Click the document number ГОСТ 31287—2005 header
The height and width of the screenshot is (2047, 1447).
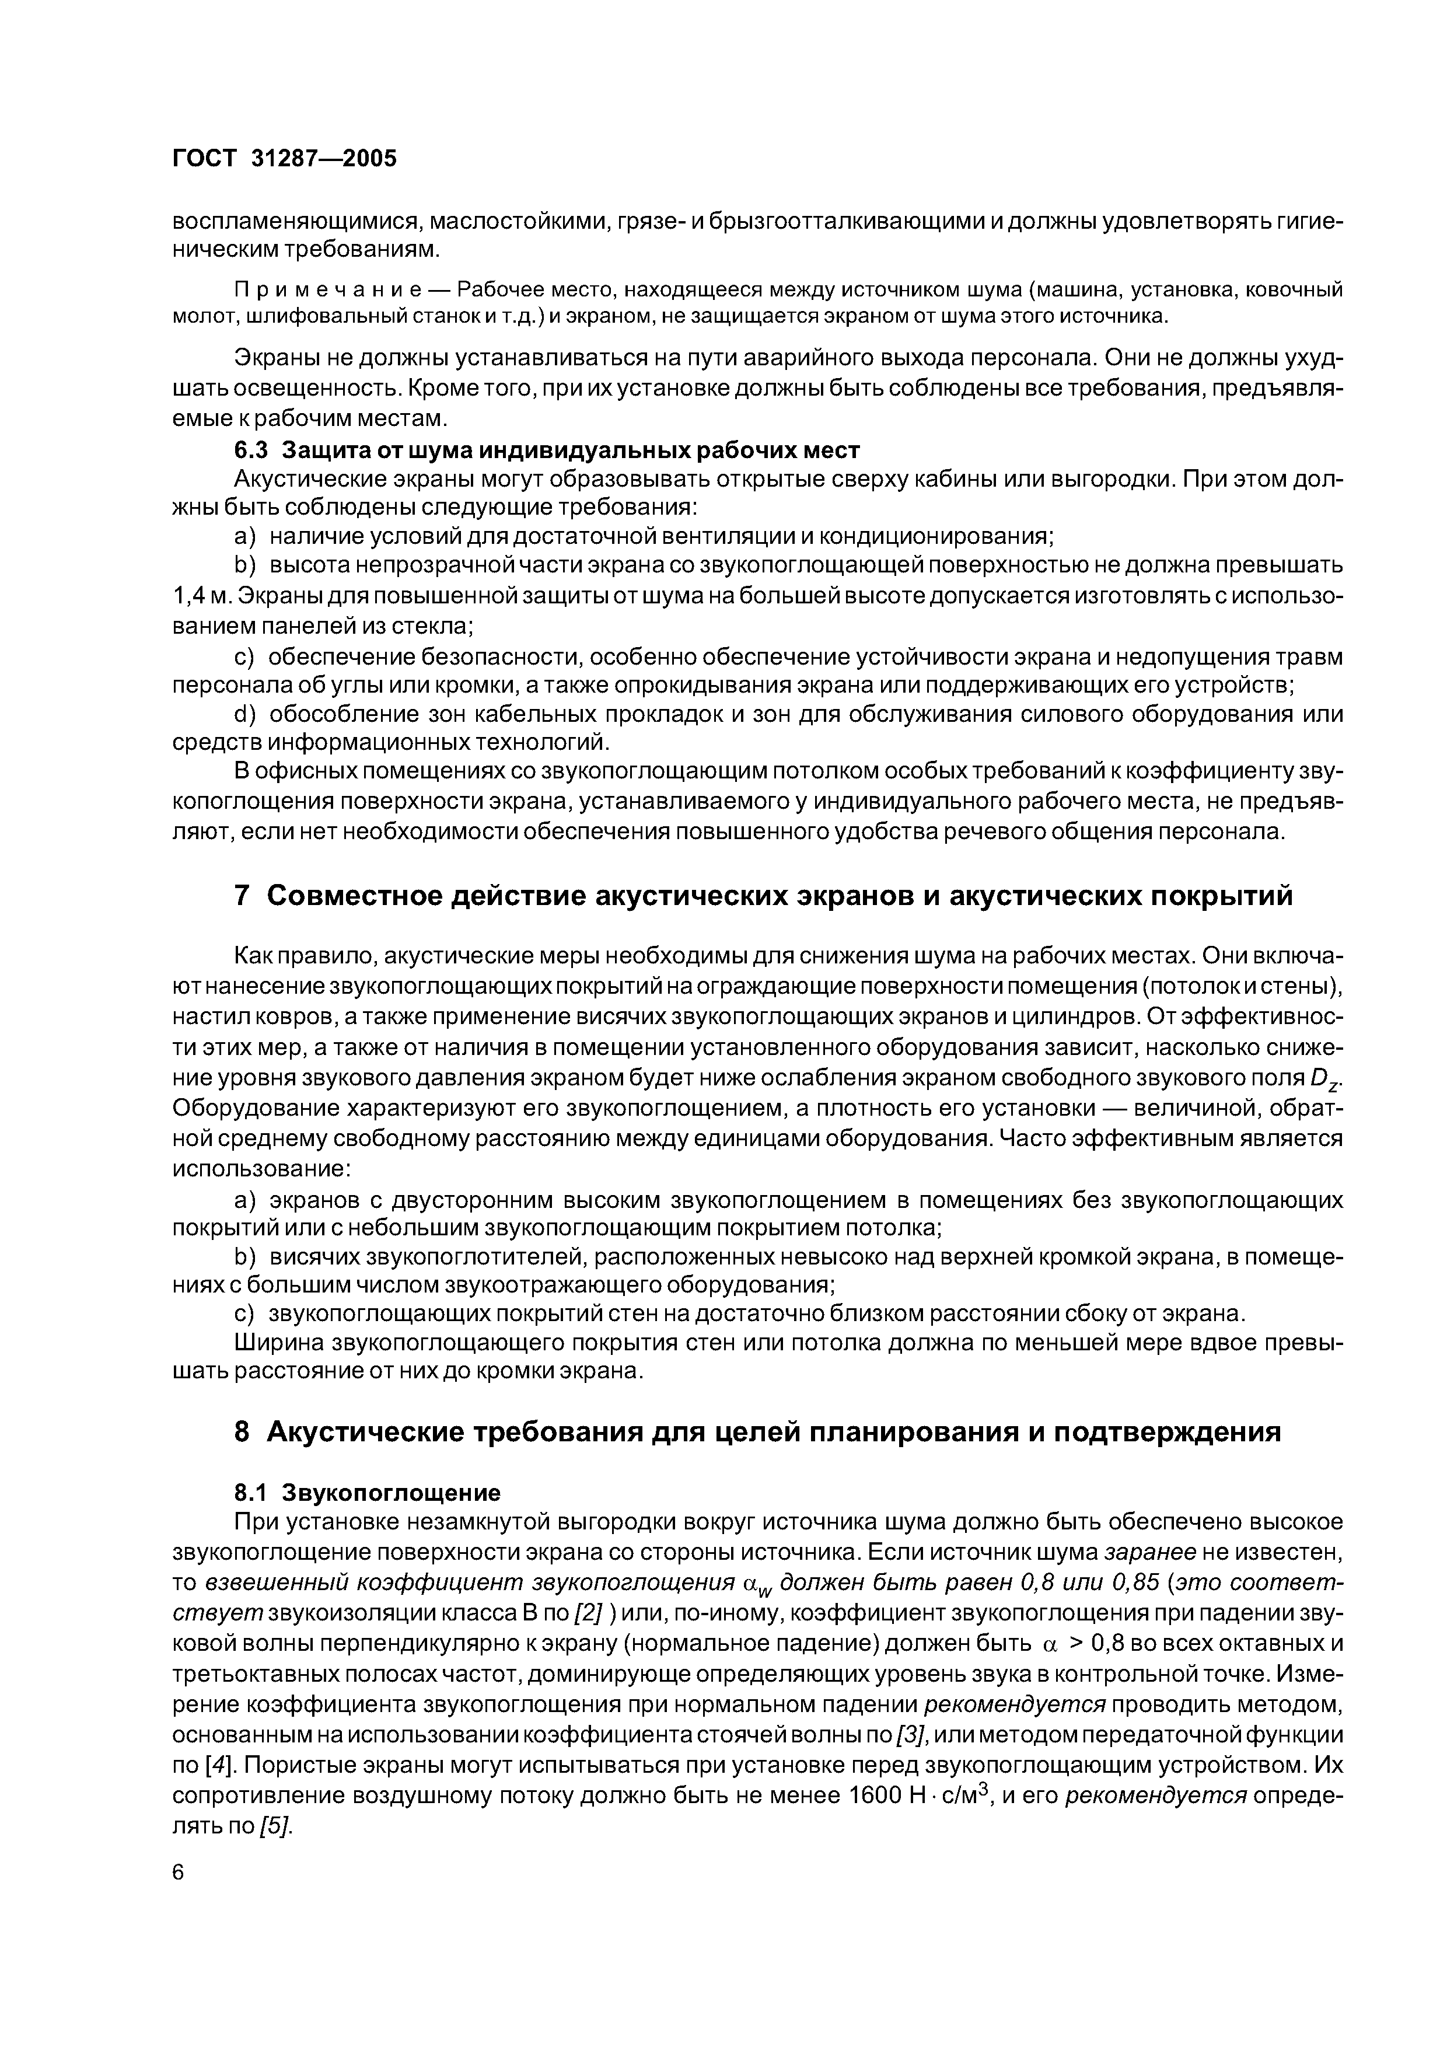[x=284, y=158]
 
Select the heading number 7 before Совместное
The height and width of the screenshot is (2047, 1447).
[x=242, y=895]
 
